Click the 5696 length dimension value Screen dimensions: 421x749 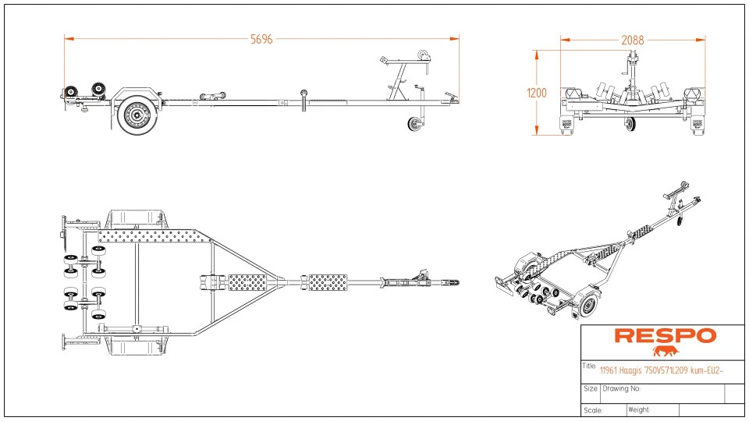coord(261,40)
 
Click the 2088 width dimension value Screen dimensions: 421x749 coord(633,40)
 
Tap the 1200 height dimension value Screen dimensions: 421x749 coord(537,93)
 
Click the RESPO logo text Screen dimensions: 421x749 coord(664,336)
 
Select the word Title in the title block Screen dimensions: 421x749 coord(589,365)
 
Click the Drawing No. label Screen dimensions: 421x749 coord(621,388)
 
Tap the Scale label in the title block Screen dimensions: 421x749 coord(591,409)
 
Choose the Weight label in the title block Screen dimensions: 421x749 coord(638,409)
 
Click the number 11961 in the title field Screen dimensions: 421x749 coord(609,371)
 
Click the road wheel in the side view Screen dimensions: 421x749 coord(137,115)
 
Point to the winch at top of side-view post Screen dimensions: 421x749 coord(421,56)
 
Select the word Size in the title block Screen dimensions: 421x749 coord(591,388)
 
